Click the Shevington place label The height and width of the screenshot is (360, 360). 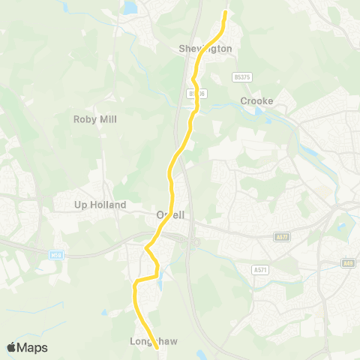point(205,49)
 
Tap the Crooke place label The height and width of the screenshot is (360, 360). point(256,101)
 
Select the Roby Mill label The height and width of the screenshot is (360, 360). point(95,119)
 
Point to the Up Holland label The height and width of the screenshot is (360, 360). point(100,204)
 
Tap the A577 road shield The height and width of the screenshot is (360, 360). point(283,235)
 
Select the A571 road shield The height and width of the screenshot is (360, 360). point(261,270)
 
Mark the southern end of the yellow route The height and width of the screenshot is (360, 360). point(157,348)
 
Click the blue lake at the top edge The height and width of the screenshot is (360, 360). point(130,7)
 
